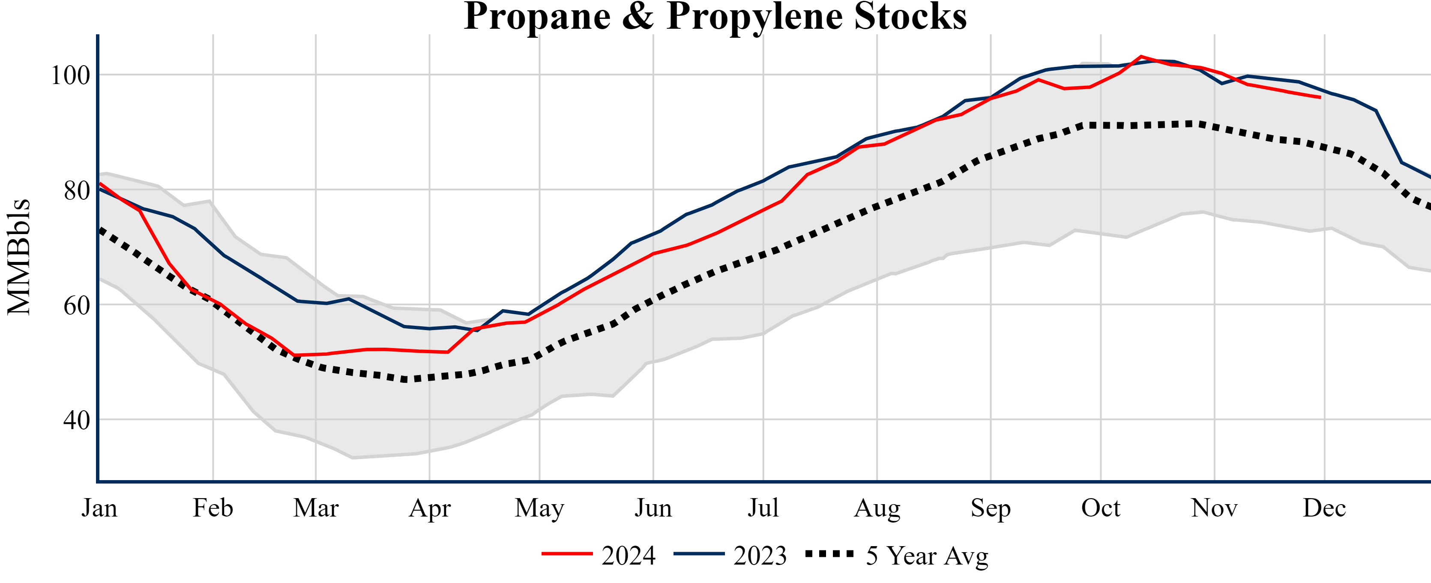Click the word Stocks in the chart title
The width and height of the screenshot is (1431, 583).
coord(910,17)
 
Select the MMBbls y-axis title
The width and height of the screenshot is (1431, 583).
coord(19,257)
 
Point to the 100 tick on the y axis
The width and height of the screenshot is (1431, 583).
coord(70,75)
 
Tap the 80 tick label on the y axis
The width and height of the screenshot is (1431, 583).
coord(77,191)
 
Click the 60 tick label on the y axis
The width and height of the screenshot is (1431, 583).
coord(77,306)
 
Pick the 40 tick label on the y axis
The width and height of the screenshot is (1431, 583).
coord(77,421)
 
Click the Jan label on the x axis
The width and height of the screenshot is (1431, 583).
coord(99,508)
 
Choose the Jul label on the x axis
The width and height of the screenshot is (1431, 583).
coord(763,508)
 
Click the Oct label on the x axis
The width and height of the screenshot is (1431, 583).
coord(1101,508)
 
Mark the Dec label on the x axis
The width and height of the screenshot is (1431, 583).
coord(1324,508)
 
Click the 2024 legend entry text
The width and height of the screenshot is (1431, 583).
coord(628,556)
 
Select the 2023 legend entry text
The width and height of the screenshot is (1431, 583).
coord(760,556)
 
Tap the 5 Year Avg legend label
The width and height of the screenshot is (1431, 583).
coord(927,556)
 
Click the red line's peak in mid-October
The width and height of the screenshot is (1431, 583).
coord(1141,56)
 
